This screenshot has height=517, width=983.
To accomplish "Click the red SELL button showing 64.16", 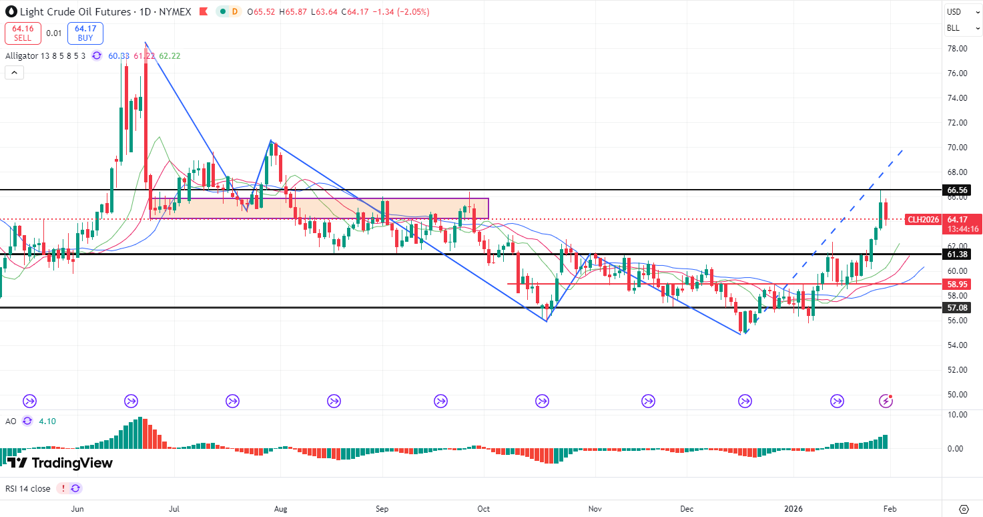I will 23,33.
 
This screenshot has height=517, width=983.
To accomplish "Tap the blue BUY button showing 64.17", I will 85,33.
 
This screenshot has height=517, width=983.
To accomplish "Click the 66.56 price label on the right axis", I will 958,190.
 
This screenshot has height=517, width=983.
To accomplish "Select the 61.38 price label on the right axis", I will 958,254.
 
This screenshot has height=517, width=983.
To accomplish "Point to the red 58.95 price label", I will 958,284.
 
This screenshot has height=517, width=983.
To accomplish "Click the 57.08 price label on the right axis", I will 958,308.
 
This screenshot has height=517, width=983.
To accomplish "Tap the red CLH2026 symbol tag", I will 924,220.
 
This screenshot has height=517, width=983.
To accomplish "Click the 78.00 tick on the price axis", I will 958,49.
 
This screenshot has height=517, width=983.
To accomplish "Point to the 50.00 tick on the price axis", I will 958,394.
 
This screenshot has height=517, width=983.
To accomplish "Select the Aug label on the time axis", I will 280,509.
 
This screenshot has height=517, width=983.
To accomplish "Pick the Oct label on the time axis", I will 484,509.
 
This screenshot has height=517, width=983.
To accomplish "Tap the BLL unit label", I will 954,28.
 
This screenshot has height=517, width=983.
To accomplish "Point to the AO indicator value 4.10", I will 47,421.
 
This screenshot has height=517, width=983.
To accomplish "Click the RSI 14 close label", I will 27,488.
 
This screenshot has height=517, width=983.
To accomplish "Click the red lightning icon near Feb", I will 886,401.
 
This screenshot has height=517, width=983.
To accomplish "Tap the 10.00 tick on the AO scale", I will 958,414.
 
